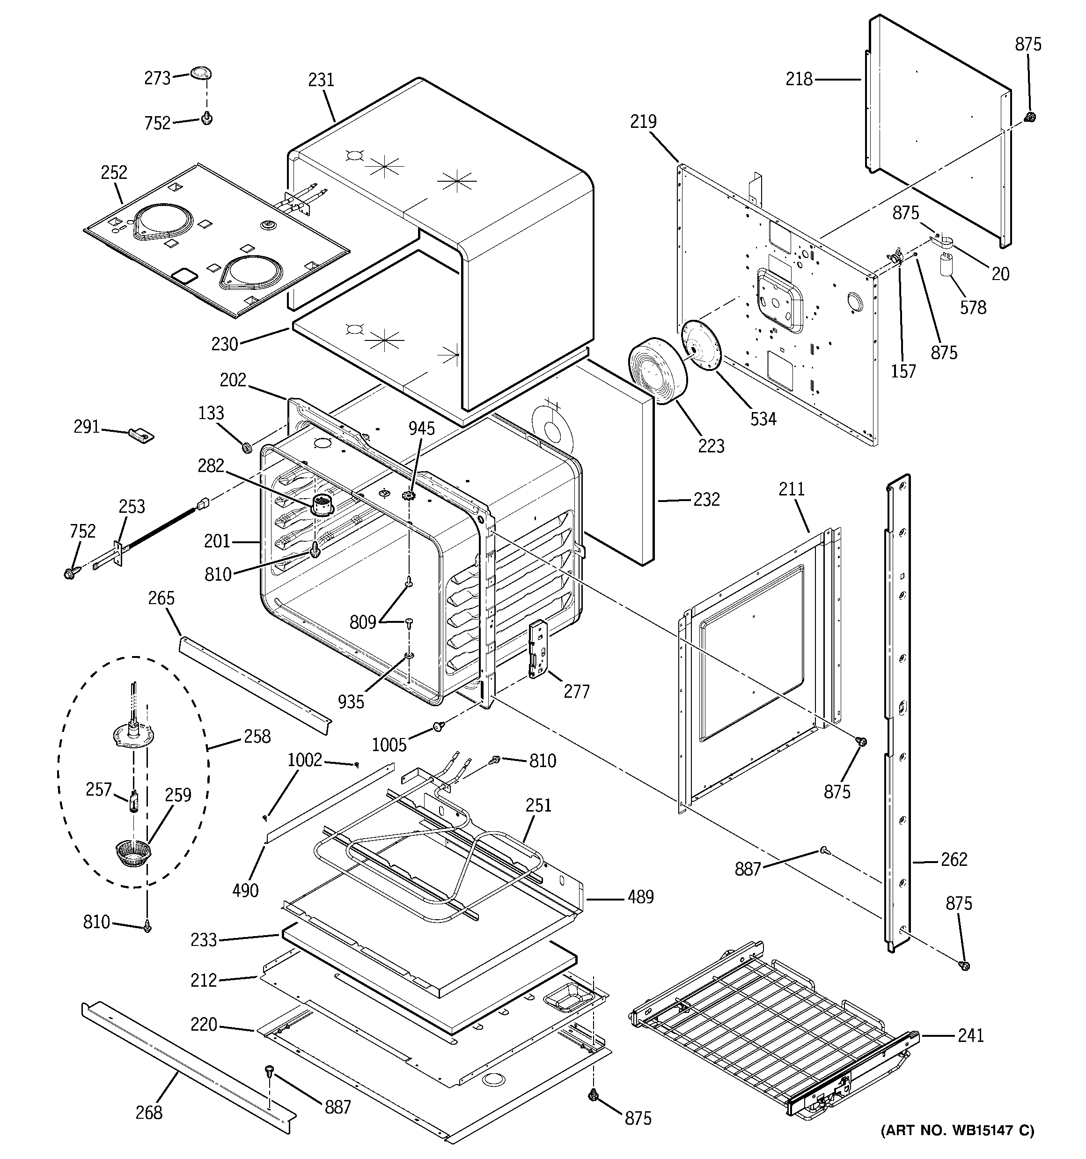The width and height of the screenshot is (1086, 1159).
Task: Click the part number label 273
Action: [157, 78]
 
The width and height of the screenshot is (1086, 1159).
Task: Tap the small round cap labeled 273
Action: [200, 74]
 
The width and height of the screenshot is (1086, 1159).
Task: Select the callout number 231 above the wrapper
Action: [321, 80]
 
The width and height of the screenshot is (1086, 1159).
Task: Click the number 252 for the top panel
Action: [114, 173]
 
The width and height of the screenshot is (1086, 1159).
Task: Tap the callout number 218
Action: [799, 79]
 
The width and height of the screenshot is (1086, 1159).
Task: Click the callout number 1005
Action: [389, 745]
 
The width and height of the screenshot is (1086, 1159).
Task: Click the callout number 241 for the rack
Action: [970, 1035]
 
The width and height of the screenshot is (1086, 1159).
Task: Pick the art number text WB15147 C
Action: [957, 1130]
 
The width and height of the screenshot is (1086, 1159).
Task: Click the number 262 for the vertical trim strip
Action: [954, 859]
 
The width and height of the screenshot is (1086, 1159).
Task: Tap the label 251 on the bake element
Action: [538, 805]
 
